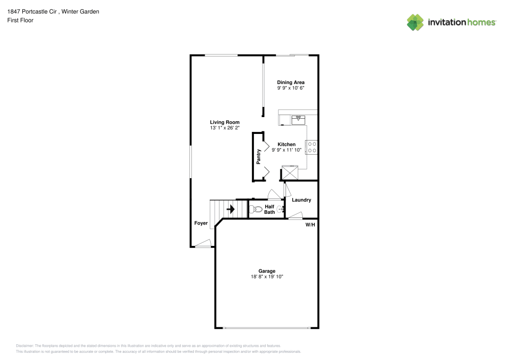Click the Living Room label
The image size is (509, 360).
[224, 122]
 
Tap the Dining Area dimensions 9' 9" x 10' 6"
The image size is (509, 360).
[291, 88]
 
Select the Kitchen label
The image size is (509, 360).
[286, 145]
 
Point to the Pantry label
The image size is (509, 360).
[259, 156]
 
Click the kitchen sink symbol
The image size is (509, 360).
[298, 120]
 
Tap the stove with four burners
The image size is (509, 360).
[312, 147]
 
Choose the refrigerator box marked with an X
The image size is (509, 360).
[290, 173]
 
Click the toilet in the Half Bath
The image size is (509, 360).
[256, 209]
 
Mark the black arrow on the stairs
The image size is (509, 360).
[231, 209]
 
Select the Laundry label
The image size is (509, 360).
[301, 200]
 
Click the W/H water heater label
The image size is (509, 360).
[310, 225]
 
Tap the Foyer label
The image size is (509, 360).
[201, 223]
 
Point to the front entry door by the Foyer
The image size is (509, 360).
[204, 244]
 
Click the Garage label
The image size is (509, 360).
[267, 271]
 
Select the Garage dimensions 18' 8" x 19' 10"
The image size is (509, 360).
[267, 276]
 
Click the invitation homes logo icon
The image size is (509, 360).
[415, 22]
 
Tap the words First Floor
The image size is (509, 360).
[20, 20]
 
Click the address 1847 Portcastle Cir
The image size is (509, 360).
[32, 12]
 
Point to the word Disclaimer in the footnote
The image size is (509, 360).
[24, 346]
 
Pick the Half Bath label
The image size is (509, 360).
[269, 209]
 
